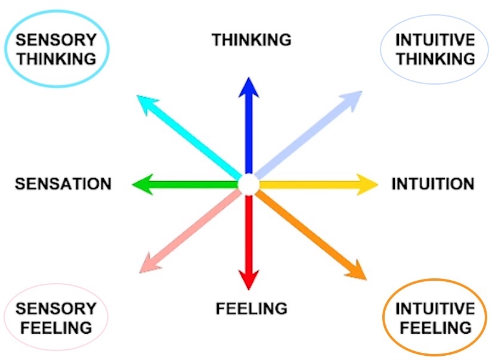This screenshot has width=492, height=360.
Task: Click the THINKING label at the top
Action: (251, 40)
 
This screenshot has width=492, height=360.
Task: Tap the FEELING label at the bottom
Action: (251, 309)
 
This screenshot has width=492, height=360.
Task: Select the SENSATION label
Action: (63, 184)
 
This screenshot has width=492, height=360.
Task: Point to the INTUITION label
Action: (432, 184)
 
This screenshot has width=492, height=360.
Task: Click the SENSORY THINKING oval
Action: (56, 50)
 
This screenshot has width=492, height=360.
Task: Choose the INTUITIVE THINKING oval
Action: (435, 50)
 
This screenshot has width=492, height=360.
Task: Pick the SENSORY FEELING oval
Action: (55, 318)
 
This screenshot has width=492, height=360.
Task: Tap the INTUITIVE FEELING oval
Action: (435, 318)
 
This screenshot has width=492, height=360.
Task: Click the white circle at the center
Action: (247, 184)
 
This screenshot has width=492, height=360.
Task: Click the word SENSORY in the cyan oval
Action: (56, 41)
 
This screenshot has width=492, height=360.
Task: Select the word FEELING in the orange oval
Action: (435, 327)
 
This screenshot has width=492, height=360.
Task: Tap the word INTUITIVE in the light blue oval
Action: (435, 41)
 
